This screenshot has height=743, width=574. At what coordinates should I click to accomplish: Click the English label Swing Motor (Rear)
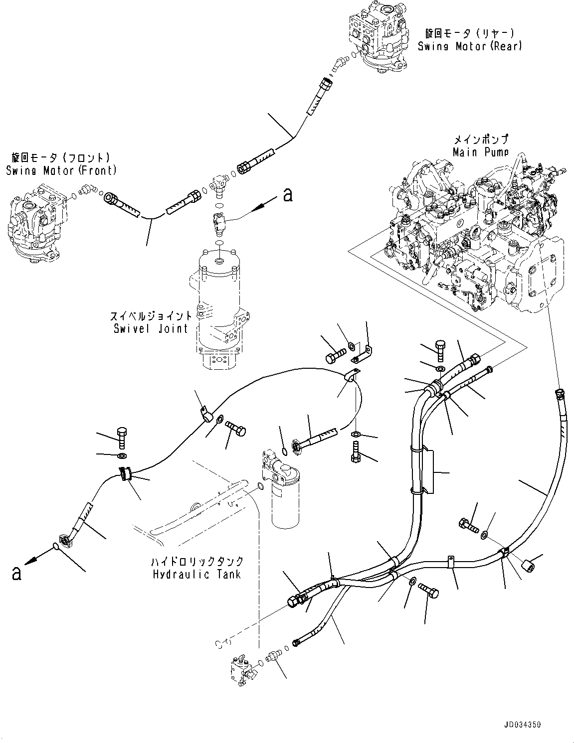point(469,46)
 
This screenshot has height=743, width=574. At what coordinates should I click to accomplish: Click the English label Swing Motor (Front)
point(61,170)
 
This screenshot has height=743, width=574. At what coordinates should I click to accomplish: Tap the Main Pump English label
point(480,151)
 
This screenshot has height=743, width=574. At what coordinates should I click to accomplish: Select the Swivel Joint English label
point(150,328)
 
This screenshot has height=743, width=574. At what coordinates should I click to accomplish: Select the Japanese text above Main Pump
point(481,139)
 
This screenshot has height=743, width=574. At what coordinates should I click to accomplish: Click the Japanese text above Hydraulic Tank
point(198,562)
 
